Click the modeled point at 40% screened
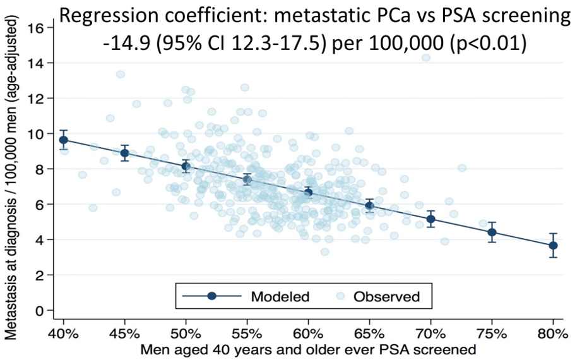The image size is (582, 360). click(63, 140)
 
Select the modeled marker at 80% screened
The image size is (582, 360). click(553, 245)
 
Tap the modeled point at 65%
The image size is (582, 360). click(369, 205)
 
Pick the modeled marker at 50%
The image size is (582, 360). click(186, 166)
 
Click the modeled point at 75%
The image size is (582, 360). click(492, 232)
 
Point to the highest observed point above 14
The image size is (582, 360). click(426, 57)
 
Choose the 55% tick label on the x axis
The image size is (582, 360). click(247, 332)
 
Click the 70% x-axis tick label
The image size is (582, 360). click(431, 332)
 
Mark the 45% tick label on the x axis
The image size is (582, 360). click(124, 332)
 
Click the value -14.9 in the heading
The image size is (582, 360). click(126, 44)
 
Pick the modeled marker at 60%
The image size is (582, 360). click(308, 192)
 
